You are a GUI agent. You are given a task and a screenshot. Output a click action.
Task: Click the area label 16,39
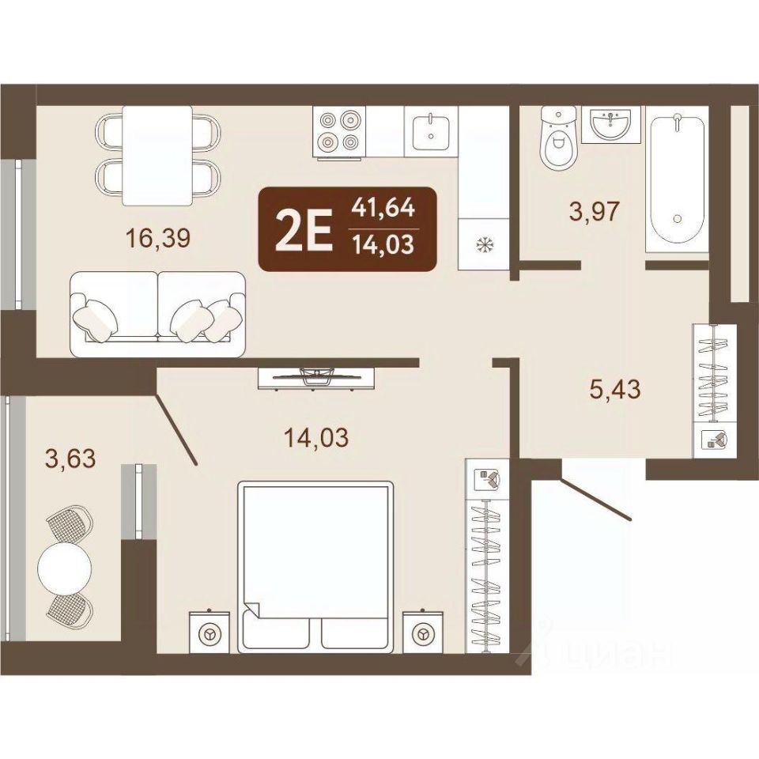click(158, 238)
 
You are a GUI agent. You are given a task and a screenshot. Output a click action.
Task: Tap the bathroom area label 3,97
click(595, 212)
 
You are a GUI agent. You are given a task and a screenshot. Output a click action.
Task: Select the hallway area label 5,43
click(615, 389)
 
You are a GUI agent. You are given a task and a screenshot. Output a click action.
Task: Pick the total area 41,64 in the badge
click(383, 207)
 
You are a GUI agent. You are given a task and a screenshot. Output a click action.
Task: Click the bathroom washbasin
click(611, 124)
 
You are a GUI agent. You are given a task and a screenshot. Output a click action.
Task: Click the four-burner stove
click(339, 132)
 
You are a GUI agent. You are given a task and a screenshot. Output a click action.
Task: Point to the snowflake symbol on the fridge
click(483, 246)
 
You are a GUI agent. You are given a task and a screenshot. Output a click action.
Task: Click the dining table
click(157, 156)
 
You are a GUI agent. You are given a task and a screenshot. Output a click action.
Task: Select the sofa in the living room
click(158, 314)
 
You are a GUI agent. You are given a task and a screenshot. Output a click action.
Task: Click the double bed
click(314, 568)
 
